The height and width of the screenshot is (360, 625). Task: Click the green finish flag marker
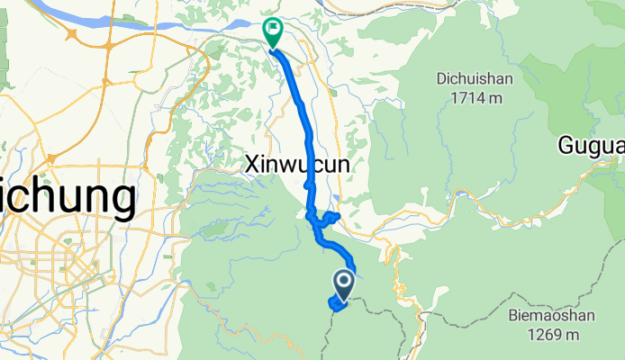[x=272, y=32]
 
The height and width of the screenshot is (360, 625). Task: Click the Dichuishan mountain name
[x=476, y=78]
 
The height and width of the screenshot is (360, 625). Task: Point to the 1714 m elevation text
[x=476, y=97]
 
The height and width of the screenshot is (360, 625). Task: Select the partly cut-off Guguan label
[x=591, y=144]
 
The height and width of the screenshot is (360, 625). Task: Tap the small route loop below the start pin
[x=338, y=306]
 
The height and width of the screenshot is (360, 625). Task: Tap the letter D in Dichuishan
[x=442, y=78]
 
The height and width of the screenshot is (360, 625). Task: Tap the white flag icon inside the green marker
[x=272, y=30]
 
